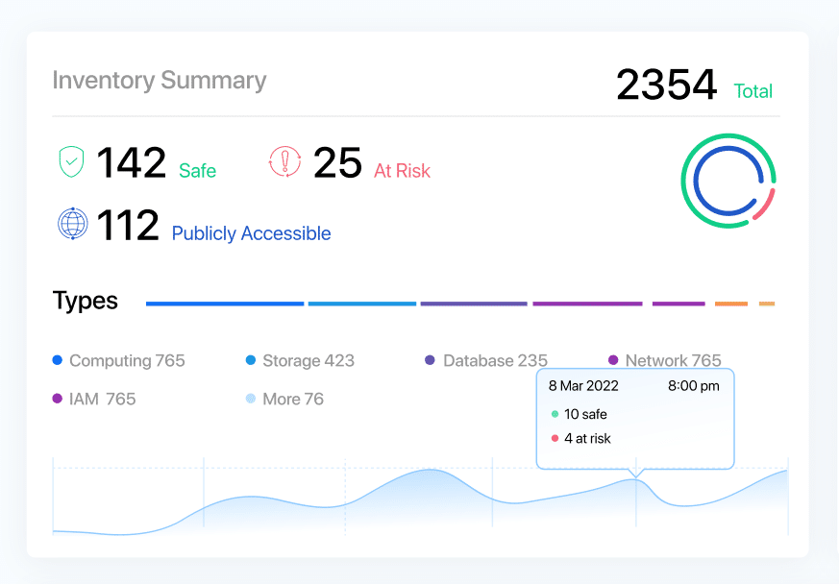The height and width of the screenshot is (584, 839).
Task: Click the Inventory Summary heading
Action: click(159, 81)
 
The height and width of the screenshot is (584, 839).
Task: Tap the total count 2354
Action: click(666, 85)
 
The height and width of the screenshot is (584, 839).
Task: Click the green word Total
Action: click(753, 91)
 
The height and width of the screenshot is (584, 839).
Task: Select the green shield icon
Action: click(72, 162)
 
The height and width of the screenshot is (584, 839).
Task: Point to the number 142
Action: click(131, 162)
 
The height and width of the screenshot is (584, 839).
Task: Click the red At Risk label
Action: click(402, 171)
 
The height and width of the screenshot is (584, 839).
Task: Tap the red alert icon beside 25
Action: click(284, 162)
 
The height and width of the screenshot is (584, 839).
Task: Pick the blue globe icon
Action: click(73, 224)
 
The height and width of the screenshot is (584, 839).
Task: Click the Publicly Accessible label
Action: click(251, 233)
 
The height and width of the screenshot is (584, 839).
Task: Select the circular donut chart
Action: click(728, 181)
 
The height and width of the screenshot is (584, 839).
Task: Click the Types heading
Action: click(86, 301)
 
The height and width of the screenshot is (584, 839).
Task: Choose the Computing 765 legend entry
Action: click(119, 361)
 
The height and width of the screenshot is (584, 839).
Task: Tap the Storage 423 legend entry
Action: click(301, 361)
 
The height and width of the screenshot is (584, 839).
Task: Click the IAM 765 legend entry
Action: click(95, 399)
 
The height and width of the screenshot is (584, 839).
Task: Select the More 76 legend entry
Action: click(285, 399)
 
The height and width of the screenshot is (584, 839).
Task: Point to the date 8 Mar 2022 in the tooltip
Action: click(583, 386)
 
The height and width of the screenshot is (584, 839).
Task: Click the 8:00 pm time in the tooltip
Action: click(693, 386)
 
